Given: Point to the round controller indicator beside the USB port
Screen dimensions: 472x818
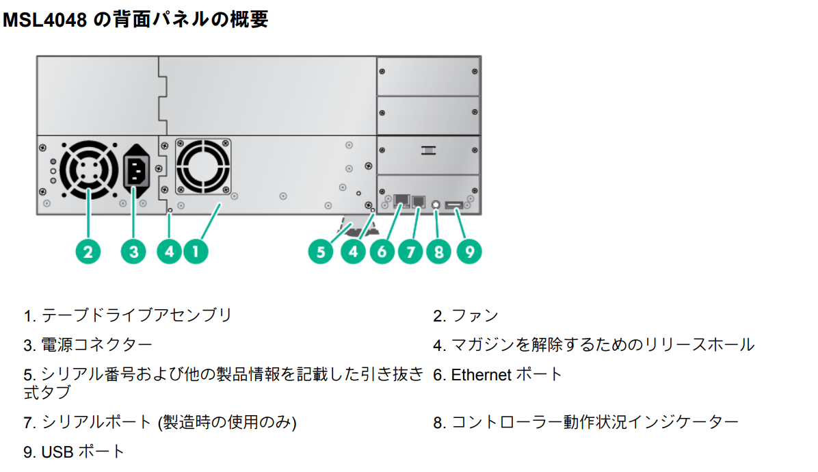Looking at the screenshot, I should tap(436, 204).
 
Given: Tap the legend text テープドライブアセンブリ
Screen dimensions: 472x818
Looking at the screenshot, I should tap(137, 315).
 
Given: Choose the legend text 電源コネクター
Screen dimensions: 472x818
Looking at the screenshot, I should tap(97, 345).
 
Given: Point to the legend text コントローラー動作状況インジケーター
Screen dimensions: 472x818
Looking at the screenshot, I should tap(594, 422).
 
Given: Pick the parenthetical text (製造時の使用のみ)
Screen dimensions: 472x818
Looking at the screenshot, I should tap(227, 422).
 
